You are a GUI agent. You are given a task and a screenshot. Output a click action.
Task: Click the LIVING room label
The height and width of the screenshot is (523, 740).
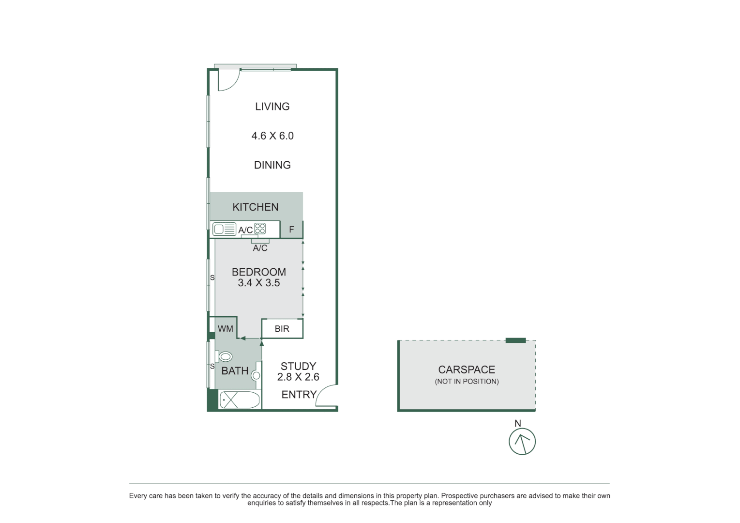tap(272, 107)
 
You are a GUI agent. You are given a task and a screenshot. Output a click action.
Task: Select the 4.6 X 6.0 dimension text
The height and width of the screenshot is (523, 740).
tap(272, 136)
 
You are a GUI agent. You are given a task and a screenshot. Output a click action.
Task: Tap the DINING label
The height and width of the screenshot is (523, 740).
tap(272, 165)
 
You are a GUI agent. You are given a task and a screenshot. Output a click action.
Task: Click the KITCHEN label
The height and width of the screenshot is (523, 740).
tap(256, 207)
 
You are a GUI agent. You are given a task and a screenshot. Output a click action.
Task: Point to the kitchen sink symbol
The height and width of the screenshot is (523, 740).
tap(224, 230)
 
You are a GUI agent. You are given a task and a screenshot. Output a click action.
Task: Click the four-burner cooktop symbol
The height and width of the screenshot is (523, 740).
tap(260, 229)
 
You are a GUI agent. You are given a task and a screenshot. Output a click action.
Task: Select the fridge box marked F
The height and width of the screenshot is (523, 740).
tap(291, 230)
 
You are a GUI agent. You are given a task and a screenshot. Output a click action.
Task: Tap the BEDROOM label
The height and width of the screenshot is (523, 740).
tap(259, 272)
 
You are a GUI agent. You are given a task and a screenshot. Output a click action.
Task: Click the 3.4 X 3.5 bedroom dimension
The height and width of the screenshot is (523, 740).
tap(259, 283)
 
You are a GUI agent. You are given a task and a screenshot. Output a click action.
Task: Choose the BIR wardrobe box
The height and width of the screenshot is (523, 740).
tap(282, 329)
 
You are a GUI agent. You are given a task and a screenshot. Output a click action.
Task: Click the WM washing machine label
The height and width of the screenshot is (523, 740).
tap(226, 329)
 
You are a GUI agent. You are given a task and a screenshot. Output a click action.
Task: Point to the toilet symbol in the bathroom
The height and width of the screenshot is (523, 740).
tap(225, 357)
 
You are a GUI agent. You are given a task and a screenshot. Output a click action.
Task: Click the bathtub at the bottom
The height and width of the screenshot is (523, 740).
tap(240, 400)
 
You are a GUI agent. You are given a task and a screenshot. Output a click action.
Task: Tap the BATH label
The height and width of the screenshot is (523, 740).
tap(235, 371)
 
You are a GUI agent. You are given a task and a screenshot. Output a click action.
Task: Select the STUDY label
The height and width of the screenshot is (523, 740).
tap(298, 367)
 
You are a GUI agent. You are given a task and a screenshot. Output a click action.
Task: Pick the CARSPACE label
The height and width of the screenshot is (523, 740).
tap(467, 370)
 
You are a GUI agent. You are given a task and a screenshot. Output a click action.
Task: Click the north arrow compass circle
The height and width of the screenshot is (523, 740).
tap(522, 441)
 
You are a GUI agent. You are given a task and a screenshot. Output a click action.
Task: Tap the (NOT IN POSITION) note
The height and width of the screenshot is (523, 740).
tap(467, 382)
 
